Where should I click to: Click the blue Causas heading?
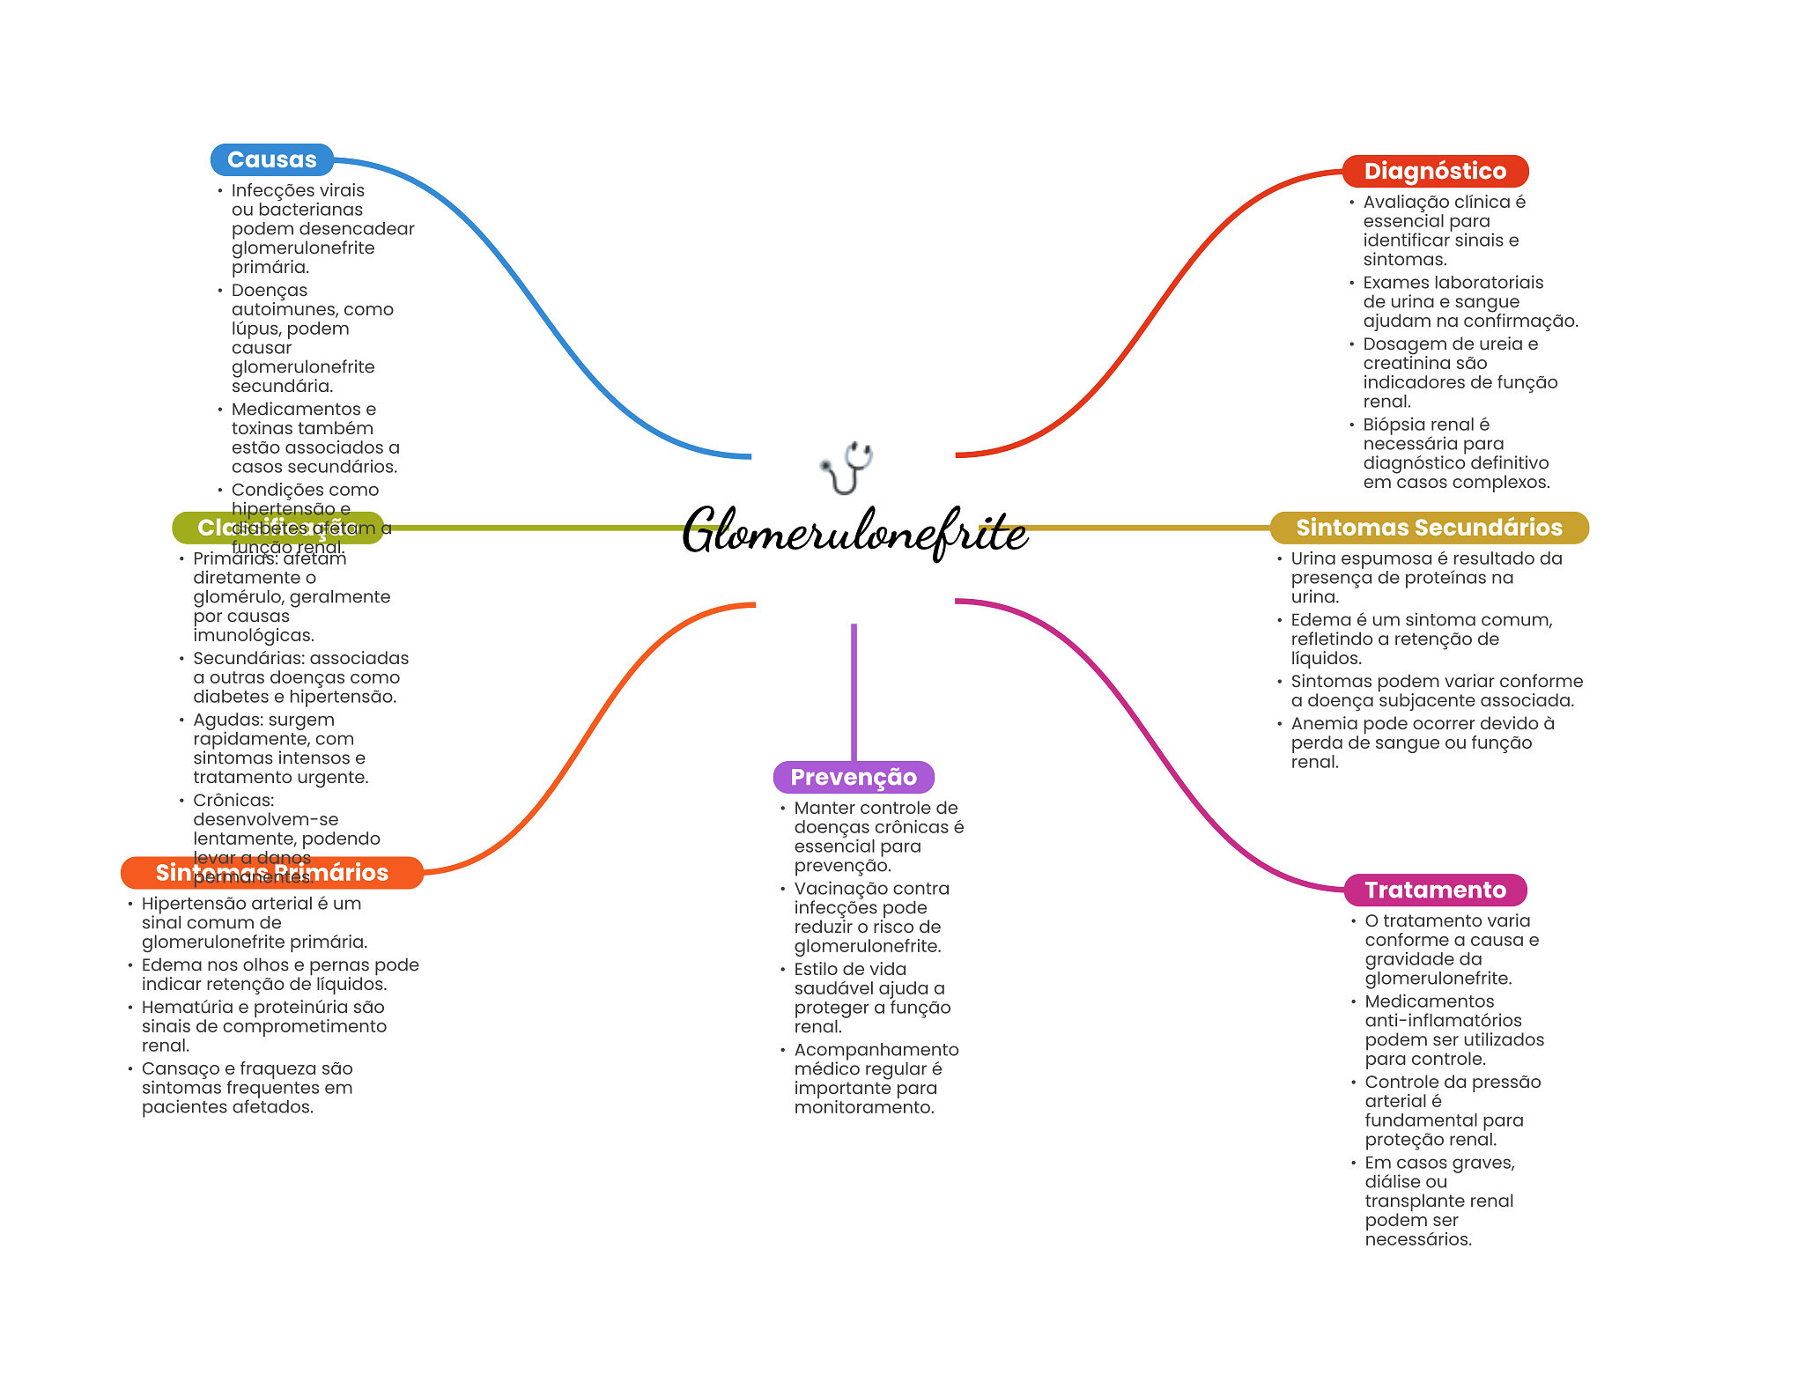coord(271,159)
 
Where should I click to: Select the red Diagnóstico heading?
coord(1434,171)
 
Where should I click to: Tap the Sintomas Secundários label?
coord(1428,528)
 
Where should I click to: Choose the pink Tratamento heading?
coord(1434,890)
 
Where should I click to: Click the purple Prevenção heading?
coord(853,777)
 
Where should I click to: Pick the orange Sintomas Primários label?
coord(271,872)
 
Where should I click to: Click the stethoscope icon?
coord(847,467)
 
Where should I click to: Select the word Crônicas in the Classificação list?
coord(233,800)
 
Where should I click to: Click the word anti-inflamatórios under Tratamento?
coord(1443,1021)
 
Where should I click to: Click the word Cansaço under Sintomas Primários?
coord(177,1068)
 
